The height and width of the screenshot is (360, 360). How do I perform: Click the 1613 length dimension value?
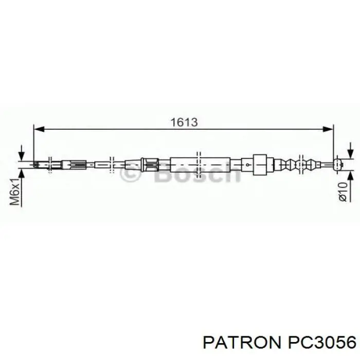[x=184, y=122]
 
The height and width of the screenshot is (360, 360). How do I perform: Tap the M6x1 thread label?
[x=15, y=191]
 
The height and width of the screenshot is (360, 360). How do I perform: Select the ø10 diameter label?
[x=343, y=191]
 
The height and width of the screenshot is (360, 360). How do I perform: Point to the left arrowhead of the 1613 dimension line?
[x=39, y=129]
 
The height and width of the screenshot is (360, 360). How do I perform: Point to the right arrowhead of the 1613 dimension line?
[x=328, y=129]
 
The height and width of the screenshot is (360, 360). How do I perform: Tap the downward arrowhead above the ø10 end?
[x=350, y=154]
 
